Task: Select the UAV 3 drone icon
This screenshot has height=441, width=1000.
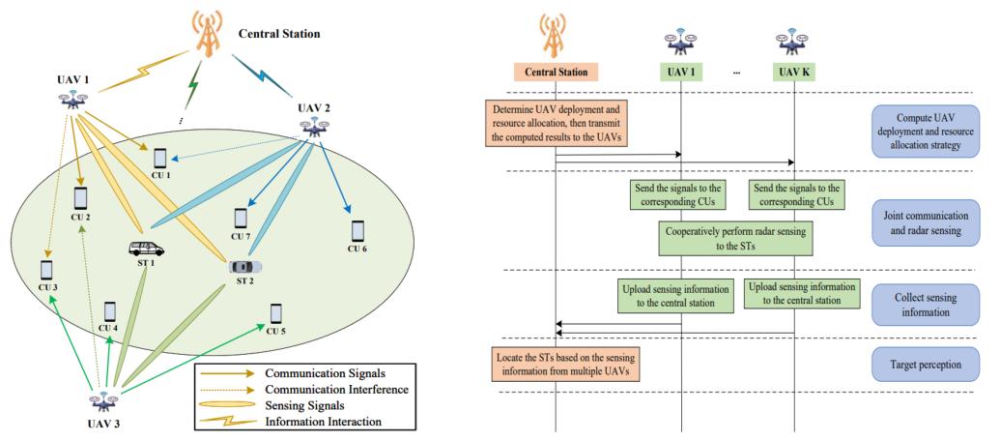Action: coord(103,399)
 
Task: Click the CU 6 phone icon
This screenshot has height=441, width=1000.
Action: coord(358,230)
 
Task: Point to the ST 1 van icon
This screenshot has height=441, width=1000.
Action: coord(146,250)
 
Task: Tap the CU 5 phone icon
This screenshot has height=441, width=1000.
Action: coord(276,314)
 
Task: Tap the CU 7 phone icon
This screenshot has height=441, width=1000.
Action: coord(241,219)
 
